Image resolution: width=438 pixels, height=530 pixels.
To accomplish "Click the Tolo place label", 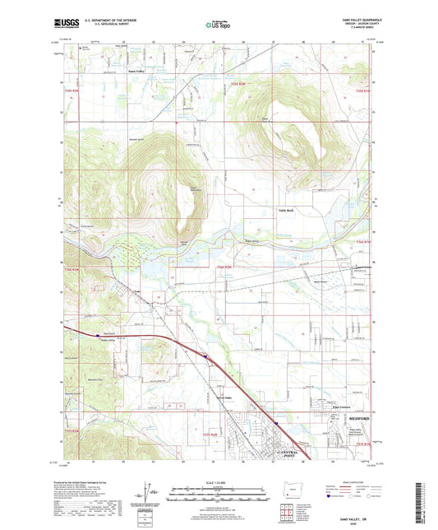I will pos(139,291).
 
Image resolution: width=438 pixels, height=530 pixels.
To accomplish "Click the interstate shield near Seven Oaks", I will pos(205,356).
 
